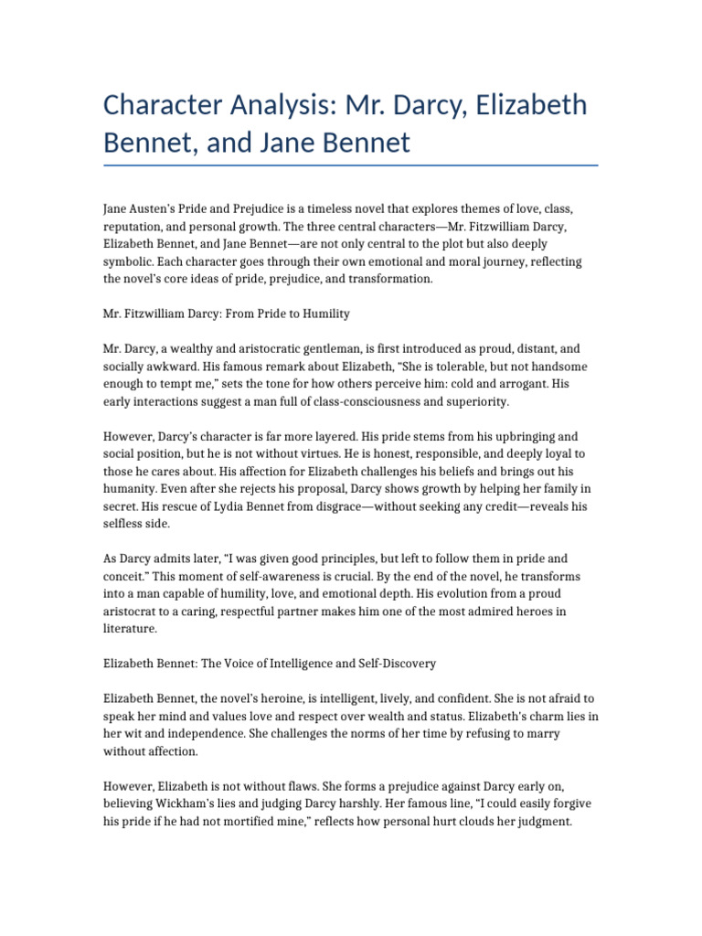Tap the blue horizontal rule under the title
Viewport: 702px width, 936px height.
[x=351, y=165]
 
